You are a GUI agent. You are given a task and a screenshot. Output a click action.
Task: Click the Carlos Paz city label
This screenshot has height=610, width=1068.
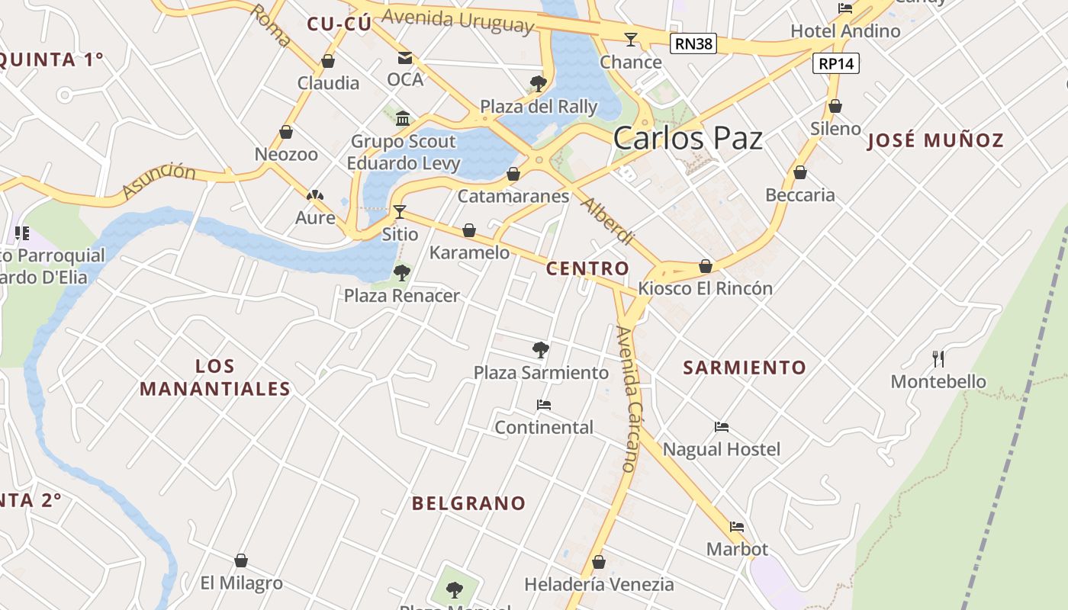tap(687, 139)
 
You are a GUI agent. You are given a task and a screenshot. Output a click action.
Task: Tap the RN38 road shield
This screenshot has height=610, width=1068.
tap(693, 43)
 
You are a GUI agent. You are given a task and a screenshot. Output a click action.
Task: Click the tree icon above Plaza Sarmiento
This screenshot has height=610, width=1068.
tap(541, 350)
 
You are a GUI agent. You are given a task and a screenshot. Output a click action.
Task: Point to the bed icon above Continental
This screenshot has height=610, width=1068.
tap(543, 405)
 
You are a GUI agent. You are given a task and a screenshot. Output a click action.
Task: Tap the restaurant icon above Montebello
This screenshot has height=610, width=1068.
tap(938, 358)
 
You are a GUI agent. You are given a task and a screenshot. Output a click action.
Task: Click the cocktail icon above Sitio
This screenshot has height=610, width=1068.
tap(399, 212)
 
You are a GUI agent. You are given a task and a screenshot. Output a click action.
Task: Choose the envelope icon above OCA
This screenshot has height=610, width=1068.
tap(404, 58)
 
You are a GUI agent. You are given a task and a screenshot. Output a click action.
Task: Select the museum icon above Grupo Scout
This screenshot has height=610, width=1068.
tap(403, 118)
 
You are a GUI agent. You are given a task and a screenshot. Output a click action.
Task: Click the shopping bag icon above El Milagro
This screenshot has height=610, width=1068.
tap(241, 560)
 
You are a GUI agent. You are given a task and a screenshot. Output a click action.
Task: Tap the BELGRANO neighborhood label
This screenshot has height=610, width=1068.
tap(468, 503)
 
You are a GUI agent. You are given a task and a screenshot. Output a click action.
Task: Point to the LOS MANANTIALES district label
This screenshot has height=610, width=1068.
tap(214, 377)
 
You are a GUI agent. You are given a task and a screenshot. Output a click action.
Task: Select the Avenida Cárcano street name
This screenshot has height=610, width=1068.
tap(627, 398)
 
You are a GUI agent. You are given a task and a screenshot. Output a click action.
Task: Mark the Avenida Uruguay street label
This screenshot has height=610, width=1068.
tap(458, 21)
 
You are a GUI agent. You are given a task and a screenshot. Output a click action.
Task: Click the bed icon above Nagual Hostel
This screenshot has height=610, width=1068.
tap(722, 427)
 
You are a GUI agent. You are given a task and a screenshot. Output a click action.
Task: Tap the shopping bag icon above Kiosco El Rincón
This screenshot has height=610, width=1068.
tap(706, 266)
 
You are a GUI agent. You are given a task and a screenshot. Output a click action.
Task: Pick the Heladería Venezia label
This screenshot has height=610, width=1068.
tap(599, 585)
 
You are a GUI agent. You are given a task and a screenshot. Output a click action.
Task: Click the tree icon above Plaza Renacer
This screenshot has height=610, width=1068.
tap(401, 273)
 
